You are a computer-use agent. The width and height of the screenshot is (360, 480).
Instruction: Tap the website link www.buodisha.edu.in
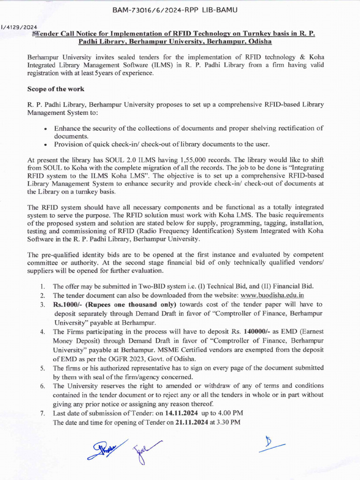pyautogui.click(x=272, y=295)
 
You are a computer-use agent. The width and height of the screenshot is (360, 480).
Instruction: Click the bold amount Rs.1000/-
pyautogui.click(x=68, y=305)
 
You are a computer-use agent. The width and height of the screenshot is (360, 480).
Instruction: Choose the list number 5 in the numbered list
pyautogui.click(x=42, y=368)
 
